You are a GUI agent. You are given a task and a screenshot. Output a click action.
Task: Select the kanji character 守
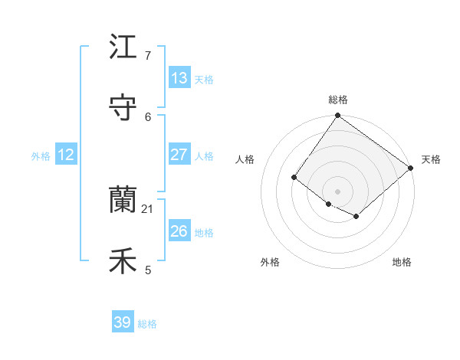click(123, 108)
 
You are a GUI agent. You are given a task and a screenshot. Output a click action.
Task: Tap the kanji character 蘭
click(123, 201)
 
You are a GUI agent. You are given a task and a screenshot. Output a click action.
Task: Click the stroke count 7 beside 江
click(148, 56)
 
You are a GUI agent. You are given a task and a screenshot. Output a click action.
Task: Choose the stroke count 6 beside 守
click(148, 116)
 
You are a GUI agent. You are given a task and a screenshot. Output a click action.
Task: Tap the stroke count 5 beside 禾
click(148, 270)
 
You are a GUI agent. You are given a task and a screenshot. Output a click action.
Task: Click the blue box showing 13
click(179, 78)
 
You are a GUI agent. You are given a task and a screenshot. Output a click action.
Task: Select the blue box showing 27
click(179, 155)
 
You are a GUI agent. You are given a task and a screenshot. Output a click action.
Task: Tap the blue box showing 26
click(179, 231)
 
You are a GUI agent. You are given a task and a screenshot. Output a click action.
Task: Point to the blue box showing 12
click(66, 155)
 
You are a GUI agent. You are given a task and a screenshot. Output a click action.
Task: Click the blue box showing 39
click(123, 322)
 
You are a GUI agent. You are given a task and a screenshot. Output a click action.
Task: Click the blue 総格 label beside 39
click(147, 324)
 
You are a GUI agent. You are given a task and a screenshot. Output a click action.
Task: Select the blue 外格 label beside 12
click(41, 156)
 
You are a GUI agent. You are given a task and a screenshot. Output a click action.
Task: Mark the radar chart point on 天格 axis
click(411, 169)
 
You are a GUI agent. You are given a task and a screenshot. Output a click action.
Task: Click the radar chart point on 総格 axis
click(337, 116)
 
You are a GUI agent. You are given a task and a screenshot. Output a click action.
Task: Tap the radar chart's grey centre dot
click(337, 191)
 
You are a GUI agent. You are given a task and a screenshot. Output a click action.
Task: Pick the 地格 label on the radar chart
click(402, 263)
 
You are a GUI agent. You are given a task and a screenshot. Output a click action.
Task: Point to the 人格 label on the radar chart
click(245, 159)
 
